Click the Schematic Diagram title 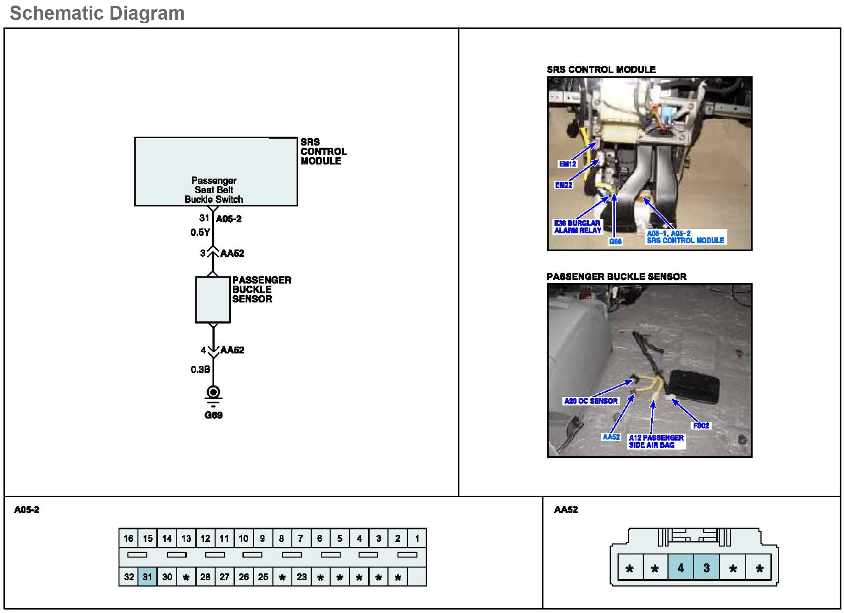[x=97, y=13]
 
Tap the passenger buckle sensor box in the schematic [x=213, y=300]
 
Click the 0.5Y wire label [x=200, y=232]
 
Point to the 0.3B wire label [x=200, y=369]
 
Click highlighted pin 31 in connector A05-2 [x=147, y=577]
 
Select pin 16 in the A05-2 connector [x=128, y=538]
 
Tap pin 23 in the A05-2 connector [x=301, y=577]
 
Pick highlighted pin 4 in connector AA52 [x=680, y=568]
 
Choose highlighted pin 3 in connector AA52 [x=706, y=568]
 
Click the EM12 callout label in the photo [x=567, y=164]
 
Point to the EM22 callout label [x=563, y=185]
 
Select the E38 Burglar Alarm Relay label [x=577, y=226]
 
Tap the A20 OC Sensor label [x=591, y=401]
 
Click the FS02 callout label [x=701, y=425]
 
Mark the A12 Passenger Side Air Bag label [x=656, y=441]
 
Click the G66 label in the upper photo [x=615, y=241]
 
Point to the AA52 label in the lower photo [x=611, y=437]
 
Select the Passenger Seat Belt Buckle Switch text [x=214, y=190]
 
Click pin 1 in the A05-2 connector [x=417, y=538]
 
